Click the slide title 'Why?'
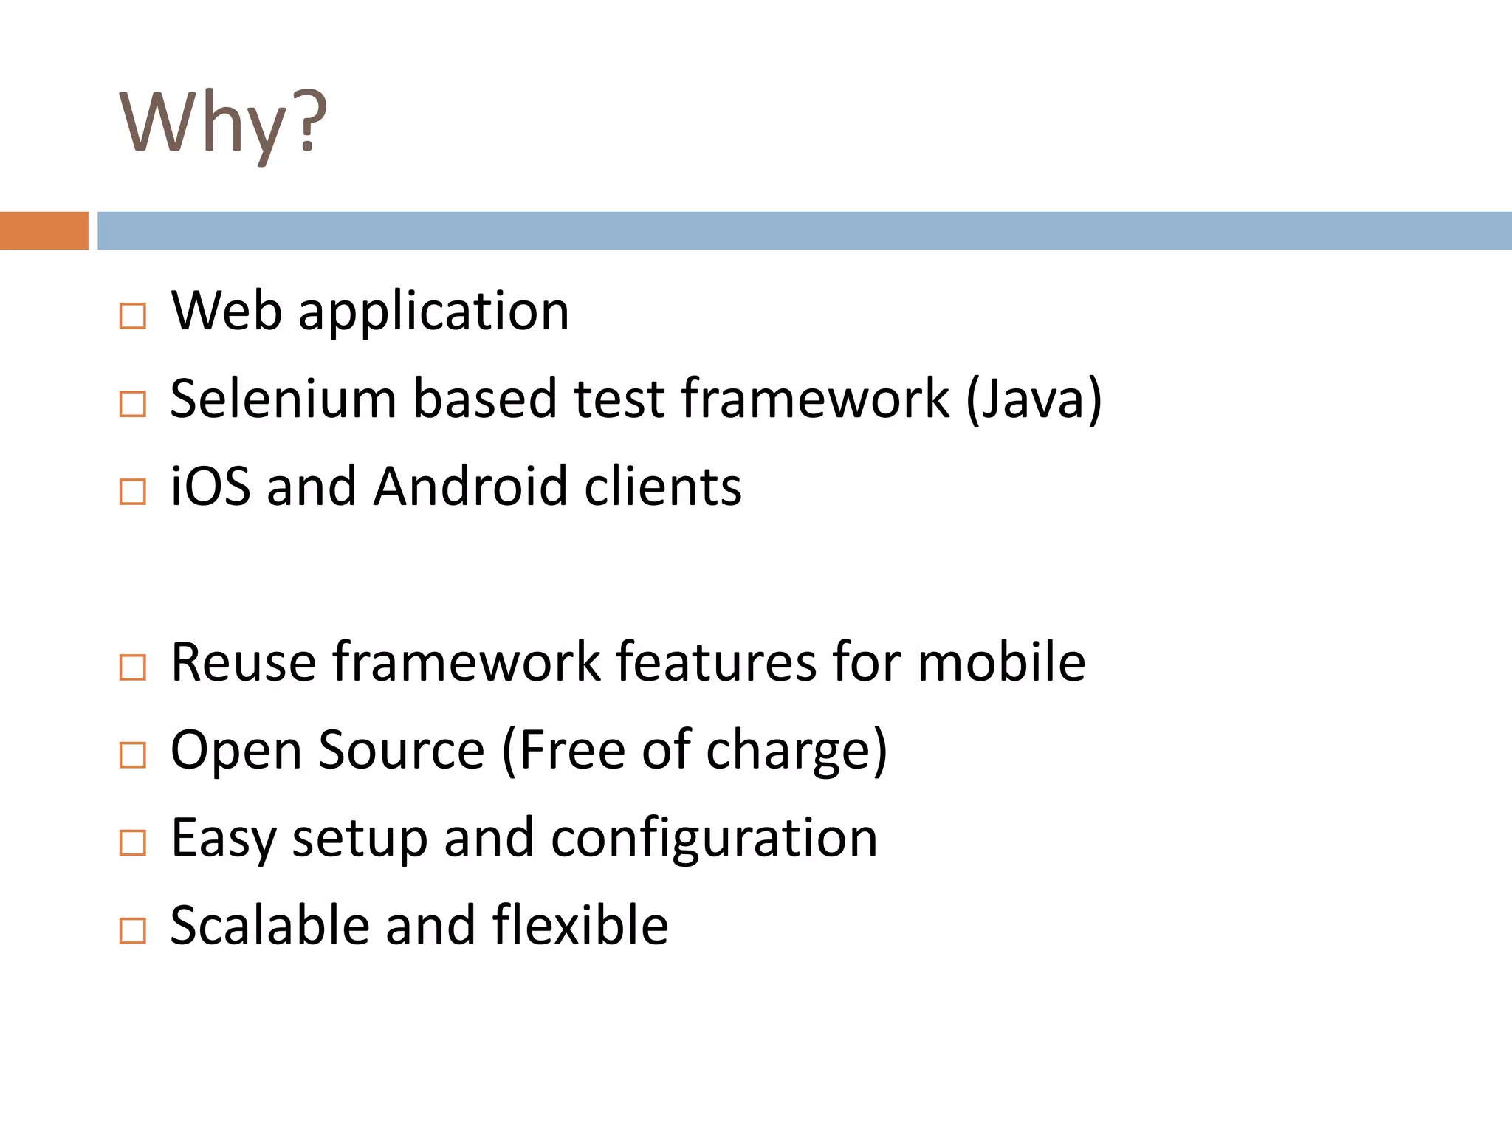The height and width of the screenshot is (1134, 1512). (223, 123)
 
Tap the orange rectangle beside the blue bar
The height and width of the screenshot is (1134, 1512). (44, 230)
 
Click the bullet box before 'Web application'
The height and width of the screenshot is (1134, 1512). (133, 317)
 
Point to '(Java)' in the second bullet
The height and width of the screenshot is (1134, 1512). (1034, 399)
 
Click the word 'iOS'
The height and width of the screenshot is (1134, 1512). (210, 487)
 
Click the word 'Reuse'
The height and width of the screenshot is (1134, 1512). (243, 662)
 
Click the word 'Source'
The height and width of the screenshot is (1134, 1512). (402, 750)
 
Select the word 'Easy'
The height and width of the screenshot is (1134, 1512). (223, 839)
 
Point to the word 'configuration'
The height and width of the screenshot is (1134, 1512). (714, 839)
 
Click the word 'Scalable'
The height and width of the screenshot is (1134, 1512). (269, 925)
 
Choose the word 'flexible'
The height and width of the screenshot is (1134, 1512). (580, 925)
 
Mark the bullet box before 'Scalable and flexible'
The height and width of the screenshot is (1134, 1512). (133, 930)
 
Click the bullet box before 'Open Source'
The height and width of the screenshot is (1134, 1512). (133, 755)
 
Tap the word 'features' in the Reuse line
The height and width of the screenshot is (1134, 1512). (716, 662)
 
